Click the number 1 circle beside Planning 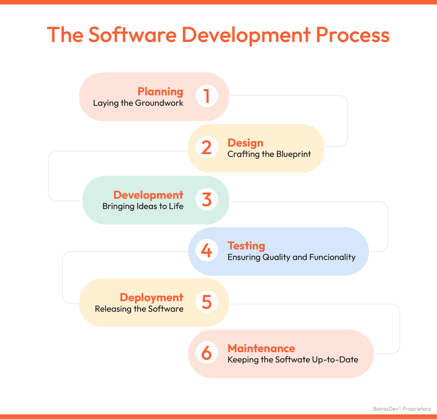click(207, 96)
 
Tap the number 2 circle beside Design click(207, 147)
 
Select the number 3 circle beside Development click(207, 199)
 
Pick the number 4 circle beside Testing click(207, 250)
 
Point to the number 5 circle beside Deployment click(207, 302)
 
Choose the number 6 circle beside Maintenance click(207, 353)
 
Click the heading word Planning click(160, 92)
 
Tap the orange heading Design click(245, 143)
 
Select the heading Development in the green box click(148, 195)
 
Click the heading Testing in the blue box click(246, 246)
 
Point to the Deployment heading click(151, 297)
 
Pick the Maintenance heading click(261, 348)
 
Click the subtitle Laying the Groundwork click(138, 103)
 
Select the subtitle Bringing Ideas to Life click(143, 206)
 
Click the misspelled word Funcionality click(332, 257)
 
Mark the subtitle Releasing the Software click(139, 309)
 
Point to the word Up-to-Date click(335, 360)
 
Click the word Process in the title click(353, 35)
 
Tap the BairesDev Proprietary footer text click(402, 409)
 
